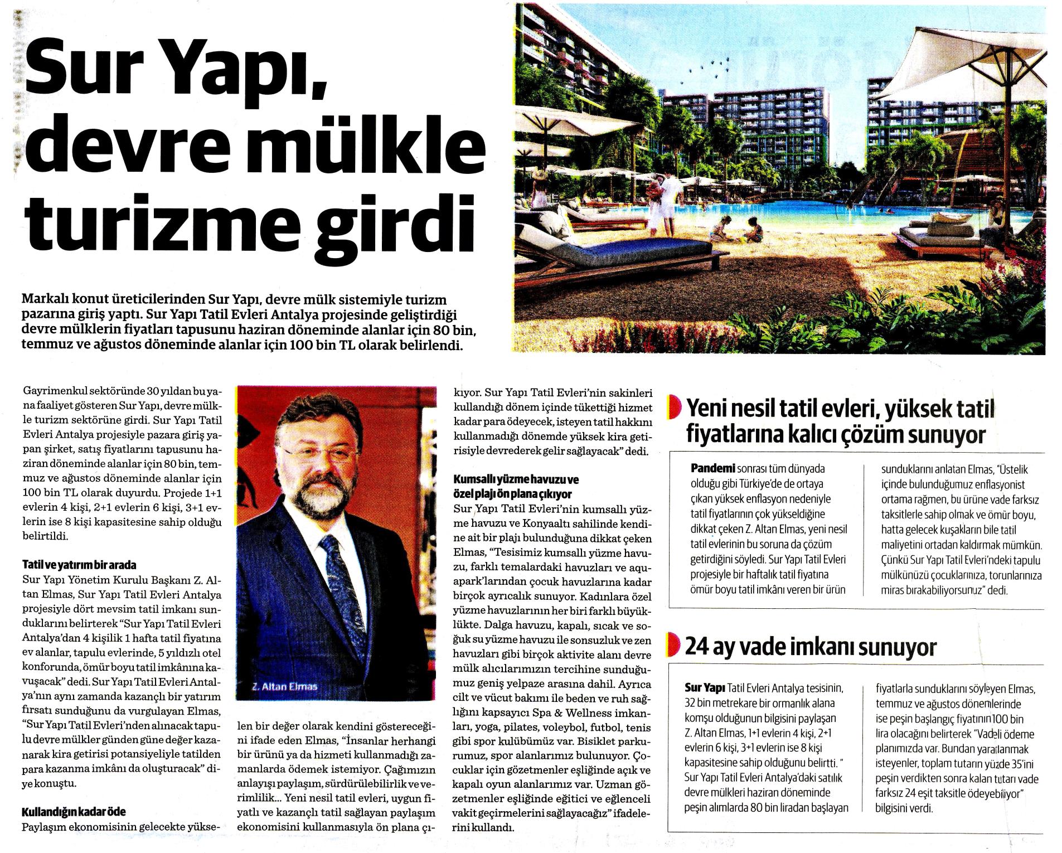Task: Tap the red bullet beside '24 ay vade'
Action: (x=675, y=648)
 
